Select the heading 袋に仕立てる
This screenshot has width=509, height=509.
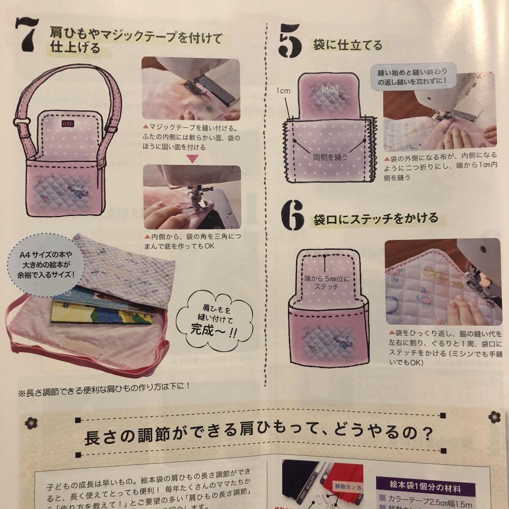coord(347,45)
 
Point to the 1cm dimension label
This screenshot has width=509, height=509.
coord(284,89)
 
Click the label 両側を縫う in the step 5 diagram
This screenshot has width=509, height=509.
coord(329,157)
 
